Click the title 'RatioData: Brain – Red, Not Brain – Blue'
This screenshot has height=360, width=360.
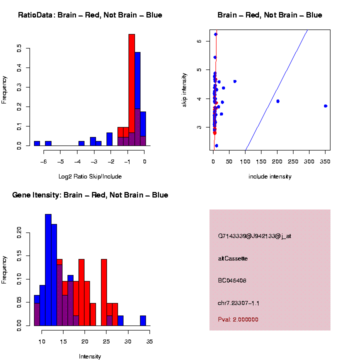tap(90, 15)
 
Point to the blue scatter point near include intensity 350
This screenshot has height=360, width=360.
tap(325, 106)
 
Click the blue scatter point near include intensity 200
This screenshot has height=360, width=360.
tap(277, 101)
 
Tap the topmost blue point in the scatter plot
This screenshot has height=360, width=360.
tap(215, 34)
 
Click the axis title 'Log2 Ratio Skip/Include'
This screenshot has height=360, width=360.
tap(89, 176)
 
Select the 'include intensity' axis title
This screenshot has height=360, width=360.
tap(269, 176)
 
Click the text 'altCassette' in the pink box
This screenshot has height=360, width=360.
tap(232, 258)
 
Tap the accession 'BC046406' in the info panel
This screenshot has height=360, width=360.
tap(232, 280)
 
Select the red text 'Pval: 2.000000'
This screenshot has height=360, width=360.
tap(238, 319)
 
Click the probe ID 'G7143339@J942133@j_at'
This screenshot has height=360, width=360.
tap(254, 236)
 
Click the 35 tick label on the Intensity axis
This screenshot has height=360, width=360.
tap(149, 341)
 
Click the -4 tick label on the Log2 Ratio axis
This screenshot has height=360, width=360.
tap(77, 161)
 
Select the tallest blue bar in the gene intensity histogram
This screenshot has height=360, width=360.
tap(48, 270)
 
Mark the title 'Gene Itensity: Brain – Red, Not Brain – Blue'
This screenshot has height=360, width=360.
tap(90, 195)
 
